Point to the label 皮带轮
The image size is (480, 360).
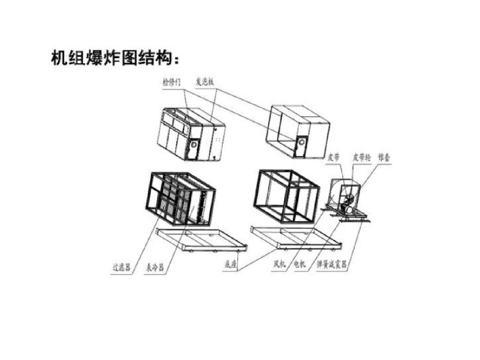pyautogui.click(x=361, y=157)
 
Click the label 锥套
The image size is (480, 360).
pyautogui.click(x=384, y=157)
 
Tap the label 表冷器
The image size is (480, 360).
pyautogui.click(x=154, y=268)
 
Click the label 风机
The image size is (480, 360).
pyautogui.click(x=280, y=265)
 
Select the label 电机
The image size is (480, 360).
pyautogui.click(x=299, y=265)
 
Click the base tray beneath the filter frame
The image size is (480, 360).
pyautogui.click(x=202, y=239)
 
